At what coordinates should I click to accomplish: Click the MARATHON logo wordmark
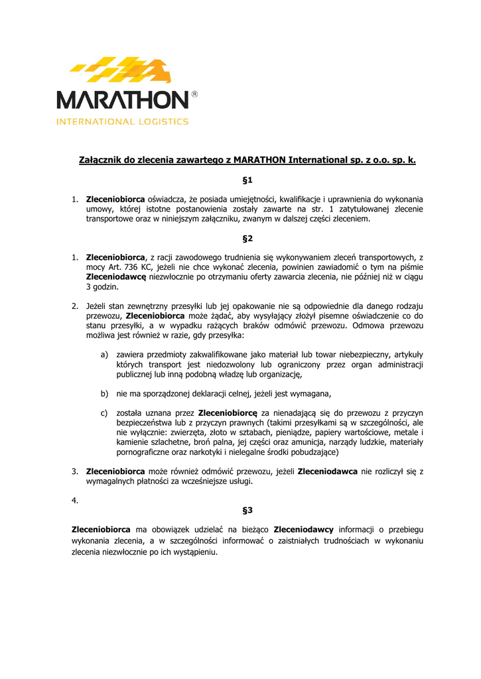click(x=123, y=100)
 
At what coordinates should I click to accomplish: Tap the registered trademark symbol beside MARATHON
click(x=194, y=95)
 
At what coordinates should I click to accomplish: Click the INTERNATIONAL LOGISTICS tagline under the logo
click(x=123, y=122)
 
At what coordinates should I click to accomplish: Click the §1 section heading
click(x=247, y=180)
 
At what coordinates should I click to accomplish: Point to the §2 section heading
click(x=247, y=238)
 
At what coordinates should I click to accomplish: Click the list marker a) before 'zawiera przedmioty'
click(x=104, y=355)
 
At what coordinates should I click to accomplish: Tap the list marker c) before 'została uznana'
click(x=104, y=412)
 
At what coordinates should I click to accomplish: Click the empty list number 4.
click(x=75, y=501)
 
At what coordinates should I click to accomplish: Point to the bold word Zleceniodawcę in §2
click(x=115, y=277)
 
